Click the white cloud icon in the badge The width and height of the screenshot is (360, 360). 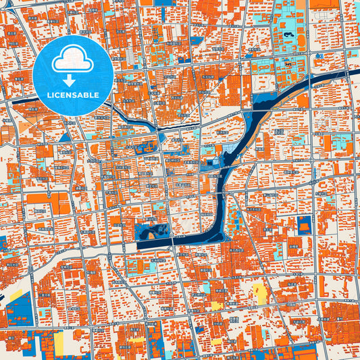(73, 59)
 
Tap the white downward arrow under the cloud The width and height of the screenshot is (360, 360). (73, 80)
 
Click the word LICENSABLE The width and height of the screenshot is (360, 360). (73, 95)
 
